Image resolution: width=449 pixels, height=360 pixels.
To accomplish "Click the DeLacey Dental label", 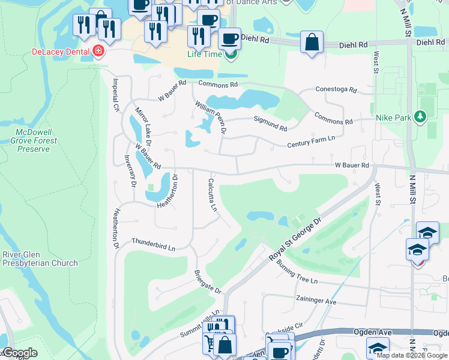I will (x=61, y=52).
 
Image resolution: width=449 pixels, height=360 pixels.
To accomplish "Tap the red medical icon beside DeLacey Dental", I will (x=98, y=52).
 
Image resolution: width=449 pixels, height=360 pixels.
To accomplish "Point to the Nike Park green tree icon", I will (x=421, y=117).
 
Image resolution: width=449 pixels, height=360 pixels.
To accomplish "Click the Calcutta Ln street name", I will (x=212, y=195).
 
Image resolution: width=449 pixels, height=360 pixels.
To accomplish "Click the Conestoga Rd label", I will (x=336, y=90).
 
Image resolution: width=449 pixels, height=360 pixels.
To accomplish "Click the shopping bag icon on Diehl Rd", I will (x=312, y=43).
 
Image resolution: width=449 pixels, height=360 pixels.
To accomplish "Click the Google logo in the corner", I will (x=19, y=353).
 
